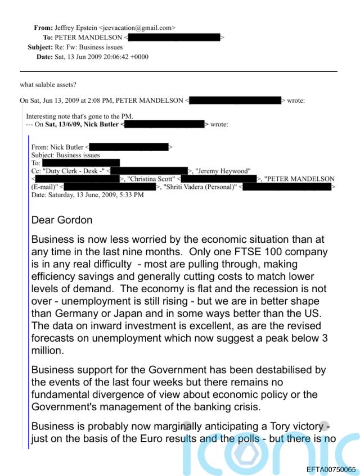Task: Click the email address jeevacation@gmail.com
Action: [141, 28]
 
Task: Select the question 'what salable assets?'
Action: [48, 85]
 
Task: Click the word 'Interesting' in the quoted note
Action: [40, 116]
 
